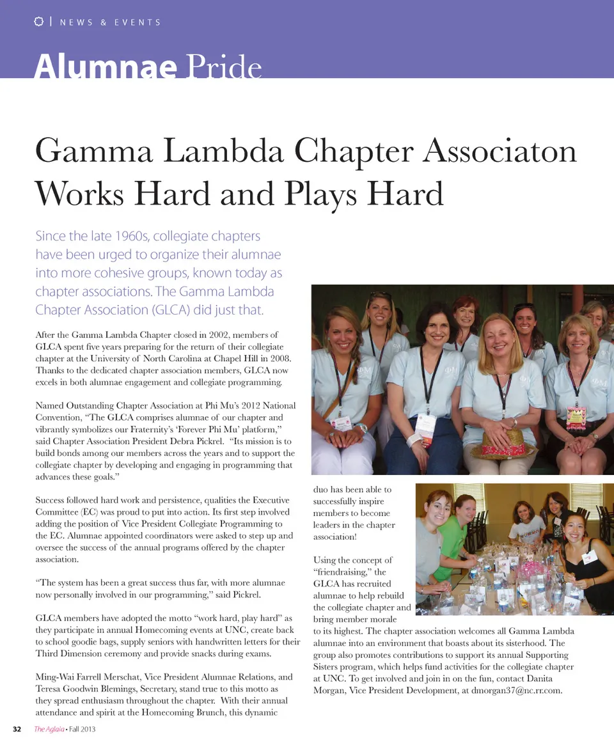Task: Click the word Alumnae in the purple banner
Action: (105, 66)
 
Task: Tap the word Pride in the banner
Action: (224, 66)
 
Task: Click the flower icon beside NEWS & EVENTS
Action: (38, 22)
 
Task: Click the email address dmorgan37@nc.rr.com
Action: (516, 691)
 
